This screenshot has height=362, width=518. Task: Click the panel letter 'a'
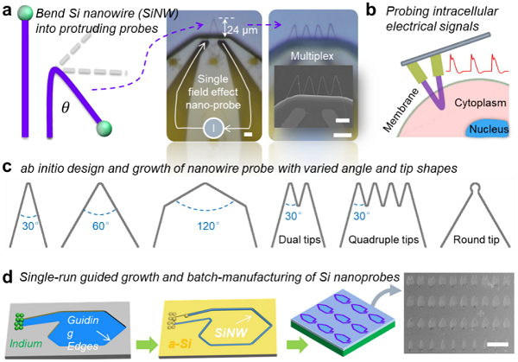[8, 11]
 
